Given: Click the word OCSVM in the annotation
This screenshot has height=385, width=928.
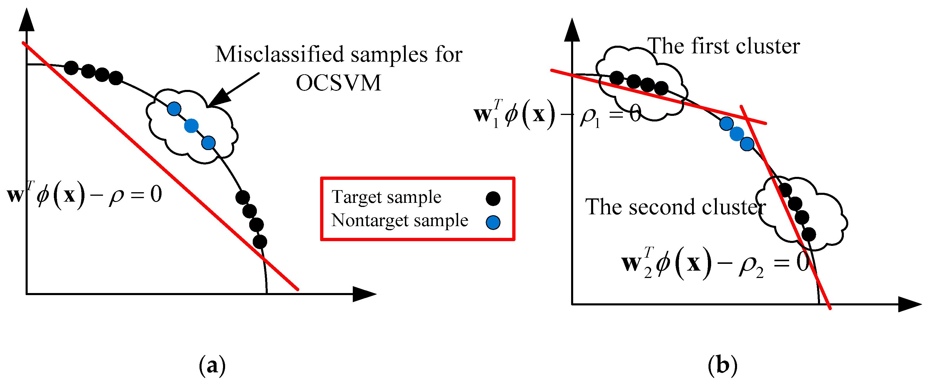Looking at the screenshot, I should (338, 83).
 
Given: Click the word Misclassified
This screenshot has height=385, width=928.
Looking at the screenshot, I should (279, 55).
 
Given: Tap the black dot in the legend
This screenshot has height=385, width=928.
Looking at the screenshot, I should (493, 198).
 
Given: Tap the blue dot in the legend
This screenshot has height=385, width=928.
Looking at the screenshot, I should (493, 222).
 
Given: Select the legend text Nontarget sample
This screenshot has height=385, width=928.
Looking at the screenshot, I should (400, 221).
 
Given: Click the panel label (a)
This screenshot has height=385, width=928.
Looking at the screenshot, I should (212, 366).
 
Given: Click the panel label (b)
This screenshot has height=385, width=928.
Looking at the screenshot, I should (722, 366).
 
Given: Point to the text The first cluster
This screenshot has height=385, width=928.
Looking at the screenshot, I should (724, 47).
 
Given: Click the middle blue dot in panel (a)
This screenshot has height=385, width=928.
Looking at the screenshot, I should (191, 126).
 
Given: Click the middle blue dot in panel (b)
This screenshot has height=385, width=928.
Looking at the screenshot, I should (737, 134).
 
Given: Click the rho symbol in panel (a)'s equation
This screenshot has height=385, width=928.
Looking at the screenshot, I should (116, 196).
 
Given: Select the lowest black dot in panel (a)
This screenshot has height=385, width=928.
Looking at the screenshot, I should (260, 241).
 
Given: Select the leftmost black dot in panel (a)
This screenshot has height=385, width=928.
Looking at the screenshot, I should (71, 68).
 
